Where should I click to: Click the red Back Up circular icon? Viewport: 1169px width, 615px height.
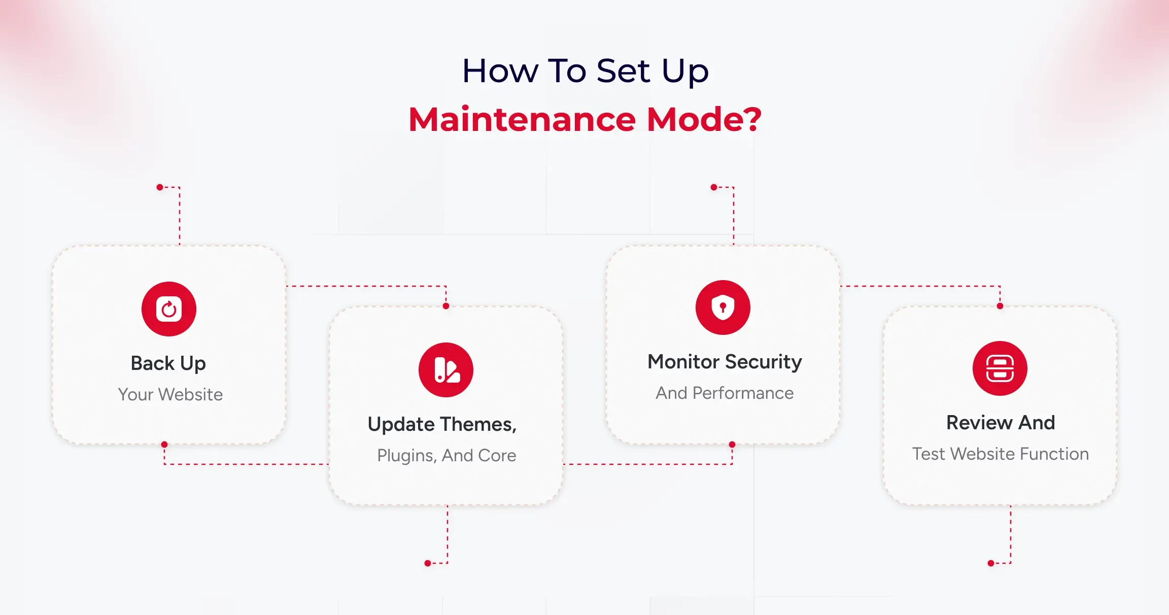coord(169,309)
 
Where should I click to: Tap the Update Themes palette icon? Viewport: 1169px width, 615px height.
coord(446,370)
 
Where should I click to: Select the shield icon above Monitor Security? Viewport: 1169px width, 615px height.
coord(723,307)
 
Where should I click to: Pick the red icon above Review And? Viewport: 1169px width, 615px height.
coord(1000,368)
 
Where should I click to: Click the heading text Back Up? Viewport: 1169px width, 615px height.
coord(168,364)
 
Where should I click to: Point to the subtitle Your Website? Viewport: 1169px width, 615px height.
coord(170,394)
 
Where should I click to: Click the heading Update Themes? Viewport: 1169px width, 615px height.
coord(442,424)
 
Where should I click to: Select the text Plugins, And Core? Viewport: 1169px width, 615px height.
coord(446,456)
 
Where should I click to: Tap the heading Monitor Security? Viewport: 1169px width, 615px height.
coord(725,362)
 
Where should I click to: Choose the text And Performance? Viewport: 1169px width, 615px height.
coord(725,393)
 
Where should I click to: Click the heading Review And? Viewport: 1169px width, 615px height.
coord(1001,423)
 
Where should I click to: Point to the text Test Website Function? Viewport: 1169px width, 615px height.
coord(1001,454)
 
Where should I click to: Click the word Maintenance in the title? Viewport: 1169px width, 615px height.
coord(522,119)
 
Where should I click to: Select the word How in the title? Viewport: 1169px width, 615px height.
coord(500,71)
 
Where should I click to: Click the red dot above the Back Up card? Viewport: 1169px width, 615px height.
coord(160,187)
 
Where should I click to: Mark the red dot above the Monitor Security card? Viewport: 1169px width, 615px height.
coord(714,187)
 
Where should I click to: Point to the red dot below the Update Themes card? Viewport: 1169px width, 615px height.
coord(428,563)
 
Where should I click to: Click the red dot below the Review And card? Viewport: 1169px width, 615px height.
coord(991,563)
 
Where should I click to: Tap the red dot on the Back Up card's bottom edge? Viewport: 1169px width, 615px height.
coord(164,445)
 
